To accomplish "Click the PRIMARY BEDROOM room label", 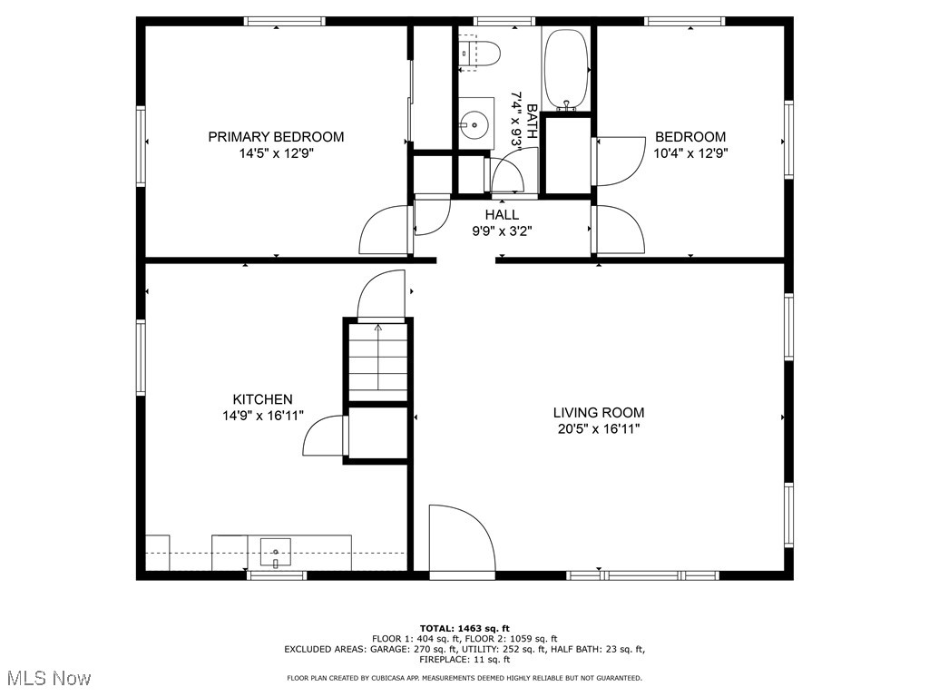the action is [x=276, y=137].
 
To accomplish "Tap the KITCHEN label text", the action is [x=262, y=399].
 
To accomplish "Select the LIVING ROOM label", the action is [x=599, y=413].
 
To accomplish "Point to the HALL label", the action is [x=502, y=214].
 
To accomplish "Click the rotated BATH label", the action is [x=532, y=122].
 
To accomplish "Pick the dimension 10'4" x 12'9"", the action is [x=690, y=153].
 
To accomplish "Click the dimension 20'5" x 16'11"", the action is [x=599, y=428].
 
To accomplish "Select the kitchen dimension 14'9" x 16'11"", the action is [x=262, y=416].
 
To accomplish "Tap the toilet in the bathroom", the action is [x=479, y=52].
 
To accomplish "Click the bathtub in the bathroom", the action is [x=566, y=70].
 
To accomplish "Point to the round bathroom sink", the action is [x=474, y=124].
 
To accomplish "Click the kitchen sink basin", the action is [x=276, y=552].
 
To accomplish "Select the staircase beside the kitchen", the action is [x=377, y=361].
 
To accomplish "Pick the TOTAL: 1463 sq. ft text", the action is [x=464, y=628].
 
